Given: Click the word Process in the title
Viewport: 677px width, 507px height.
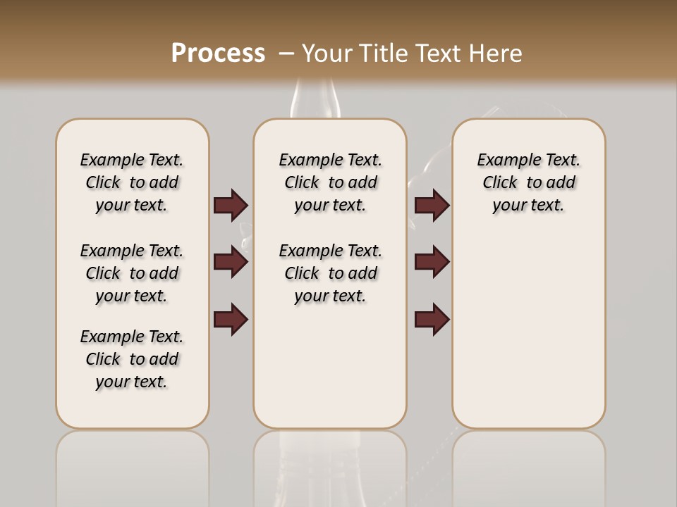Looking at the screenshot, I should tap(218, 53).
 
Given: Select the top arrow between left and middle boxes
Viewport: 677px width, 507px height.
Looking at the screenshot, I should tap(231, 205).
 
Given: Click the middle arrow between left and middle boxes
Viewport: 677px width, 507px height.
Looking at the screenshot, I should tap(231, 262).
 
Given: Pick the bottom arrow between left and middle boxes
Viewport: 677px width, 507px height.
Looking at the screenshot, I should tap(231, 319).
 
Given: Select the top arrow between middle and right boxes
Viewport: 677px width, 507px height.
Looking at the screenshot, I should tap(432, 205).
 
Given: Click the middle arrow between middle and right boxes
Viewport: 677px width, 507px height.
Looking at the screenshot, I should tap(432, 262).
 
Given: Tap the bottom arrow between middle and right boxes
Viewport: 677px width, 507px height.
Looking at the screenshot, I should tap(432, 319).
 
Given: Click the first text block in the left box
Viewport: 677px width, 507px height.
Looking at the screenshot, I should tap(132, 182).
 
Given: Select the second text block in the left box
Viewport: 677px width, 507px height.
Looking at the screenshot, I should tap(132, 273).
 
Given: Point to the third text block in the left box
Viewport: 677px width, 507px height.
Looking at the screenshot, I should tap(132, 359).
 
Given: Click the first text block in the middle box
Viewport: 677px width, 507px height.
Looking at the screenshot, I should tap(330, 182).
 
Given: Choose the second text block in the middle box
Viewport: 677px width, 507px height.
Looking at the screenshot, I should tap(330, 273).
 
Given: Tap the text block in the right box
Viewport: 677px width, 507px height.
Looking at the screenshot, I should tap(528, 182).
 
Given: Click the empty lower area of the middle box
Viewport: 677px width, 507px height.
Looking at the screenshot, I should tap(330, 366).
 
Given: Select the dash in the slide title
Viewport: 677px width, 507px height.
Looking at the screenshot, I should tap(286, 53).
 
